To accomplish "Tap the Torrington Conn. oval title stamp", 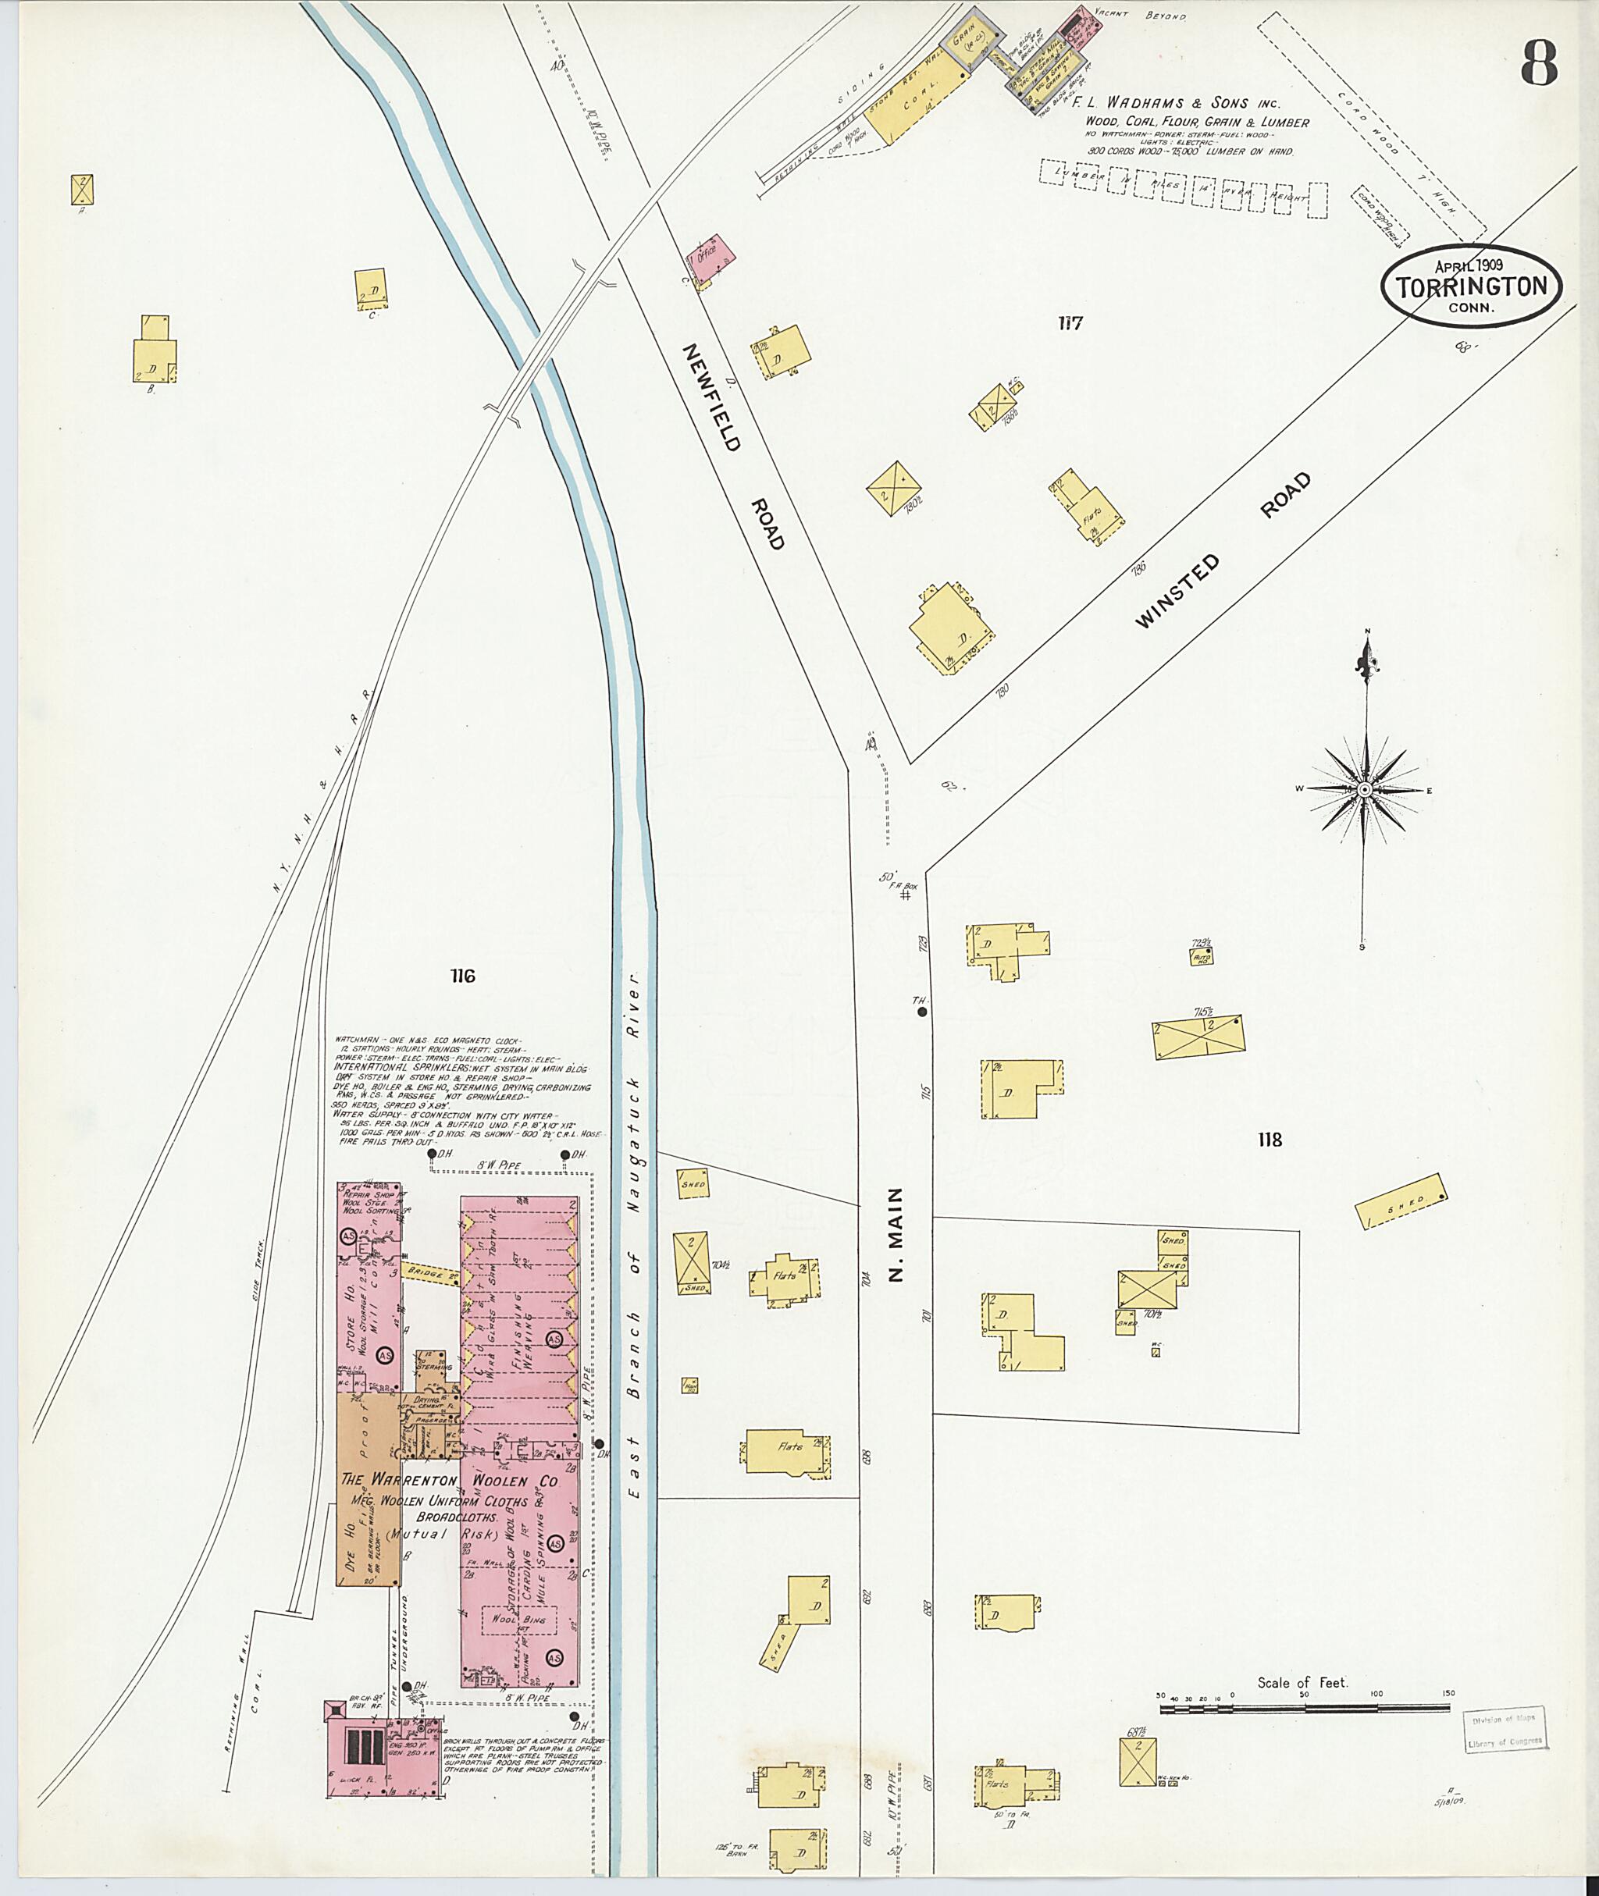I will [x=1470, y=286].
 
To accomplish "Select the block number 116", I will [x=461, y=976].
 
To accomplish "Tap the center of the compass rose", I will [x=1364, y=789].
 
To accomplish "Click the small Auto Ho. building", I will [x=1202, y=955].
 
